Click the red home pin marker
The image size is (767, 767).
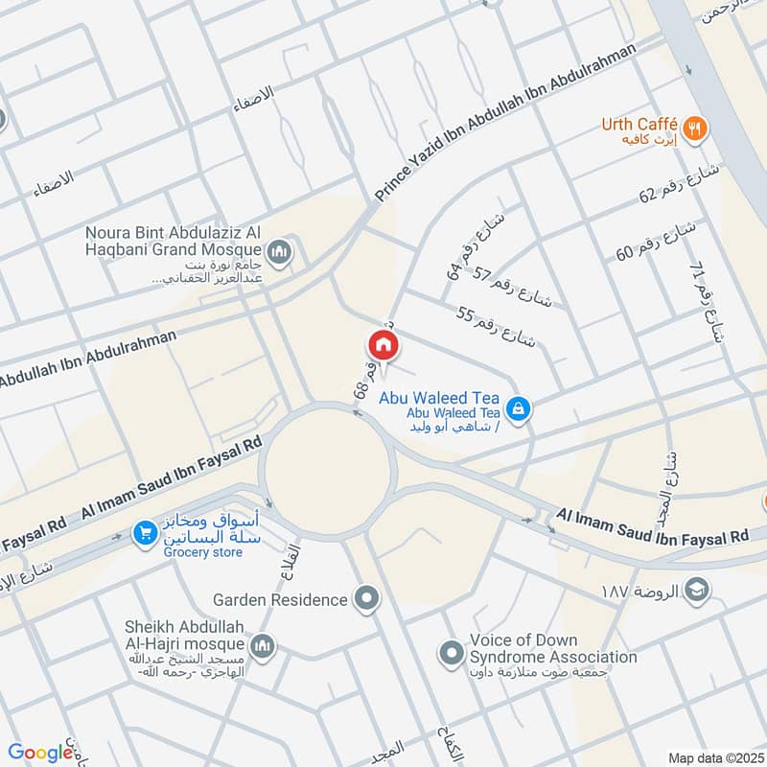(x=382, y=345)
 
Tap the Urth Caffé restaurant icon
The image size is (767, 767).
(x=696, y=125)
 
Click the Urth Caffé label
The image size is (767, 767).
(x=639, y=124)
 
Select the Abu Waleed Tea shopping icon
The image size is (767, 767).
(x=519, y=408)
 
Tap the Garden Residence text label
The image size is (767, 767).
(x=280, y=600)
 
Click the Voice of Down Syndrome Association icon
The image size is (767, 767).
(x=452, y=654)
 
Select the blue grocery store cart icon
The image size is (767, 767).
(x=145, y=532)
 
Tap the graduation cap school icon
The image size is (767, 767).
(x=697, y=588)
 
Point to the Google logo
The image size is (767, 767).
(x=40, y=753)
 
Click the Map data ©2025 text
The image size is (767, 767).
(x=713, y=757)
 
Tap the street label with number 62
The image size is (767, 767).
(x=685, y=181)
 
